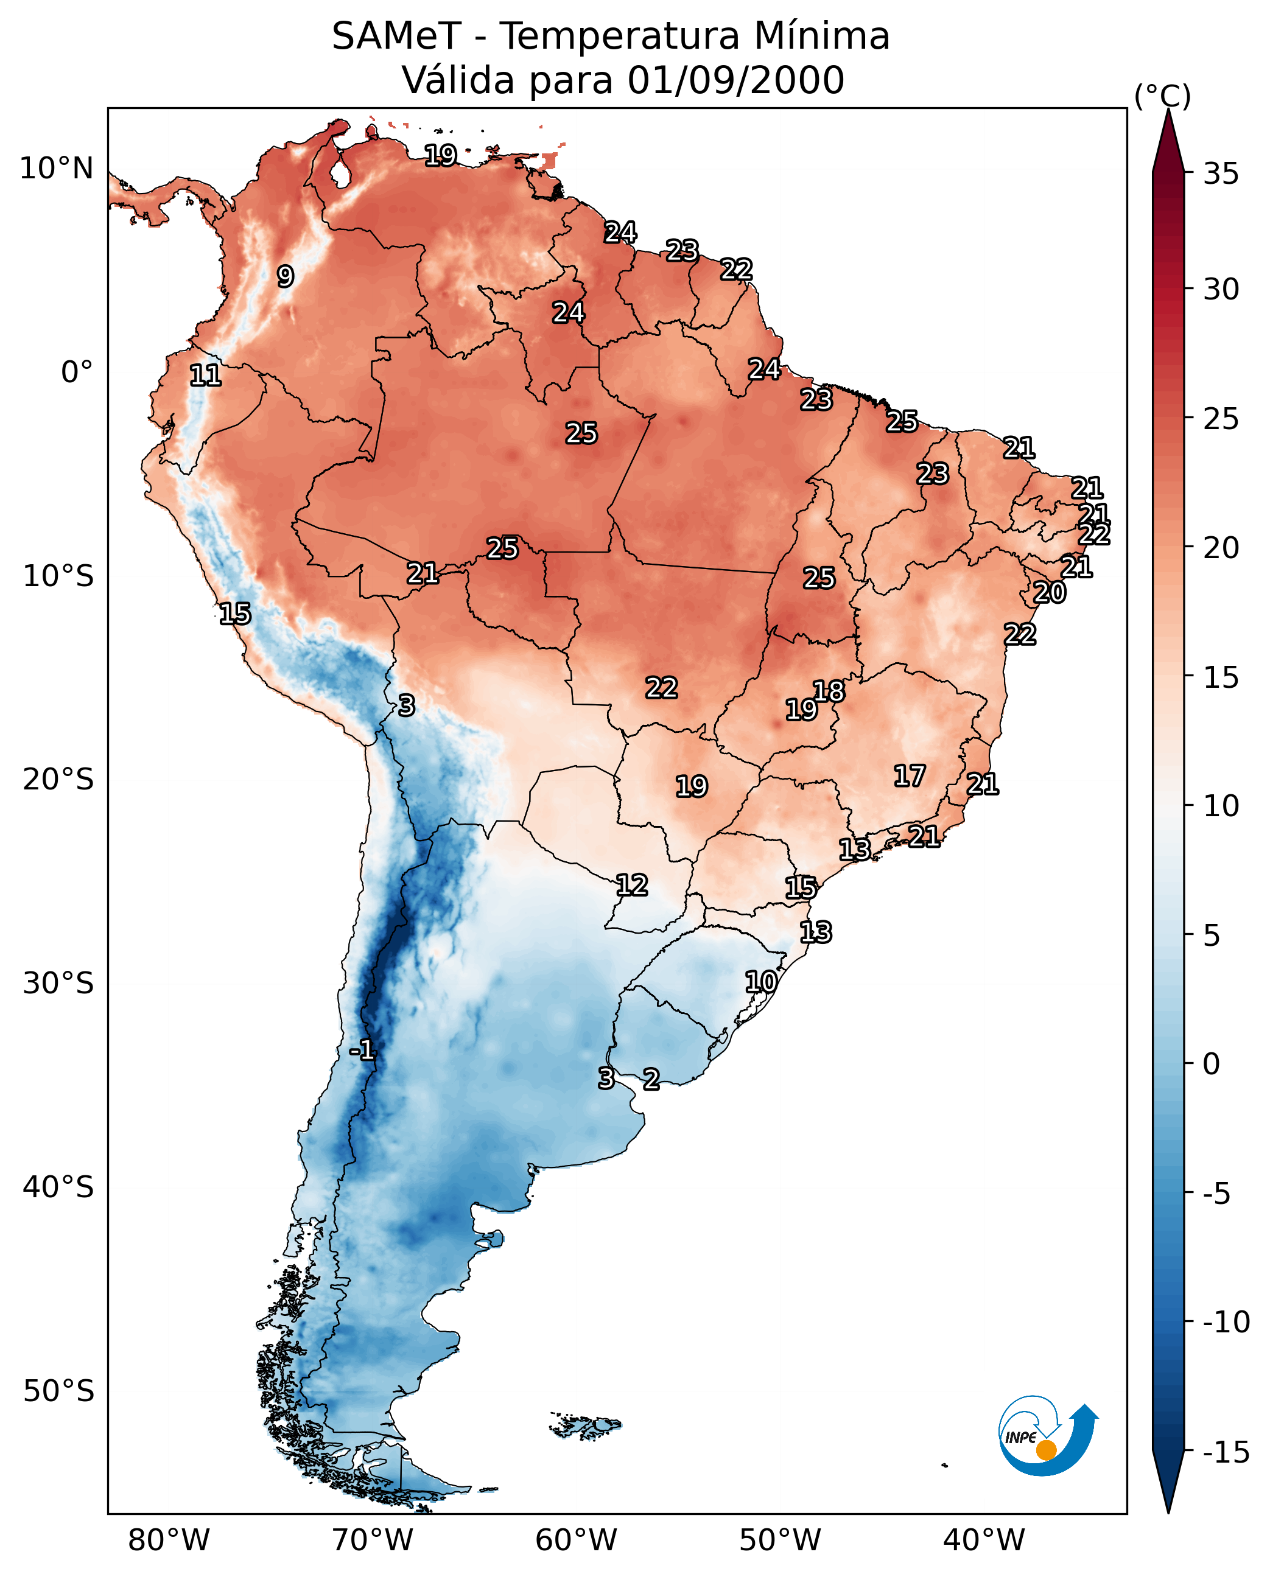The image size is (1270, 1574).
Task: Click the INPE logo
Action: [x=1047, y=1438]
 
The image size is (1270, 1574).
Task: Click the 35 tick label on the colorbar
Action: [x=1220, y=174]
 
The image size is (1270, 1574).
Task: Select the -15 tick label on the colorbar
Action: [x=1226, y=1453]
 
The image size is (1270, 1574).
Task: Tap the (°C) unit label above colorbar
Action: [x=1162, y=96]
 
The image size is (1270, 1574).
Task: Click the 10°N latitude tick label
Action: [x=57, y=169]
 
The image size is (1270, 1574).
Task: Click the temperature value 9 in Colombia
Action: [x=286, y=276]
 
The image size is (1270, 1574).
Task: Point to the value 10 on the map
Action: [x=761, y=982]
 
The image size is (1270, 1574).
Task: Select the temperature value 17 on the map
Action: [x=910, y=776]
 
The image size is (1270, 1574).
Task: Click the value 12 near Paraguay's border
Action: [x=631, y=886]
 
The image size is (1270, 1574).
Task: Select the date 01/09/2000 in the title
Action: [x=735, y=80]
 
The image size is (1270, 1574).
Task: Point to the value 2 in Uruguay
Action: [x=651, y=1079]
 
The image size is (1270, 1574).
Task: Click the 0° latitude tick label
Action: [x=77, y=373]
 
